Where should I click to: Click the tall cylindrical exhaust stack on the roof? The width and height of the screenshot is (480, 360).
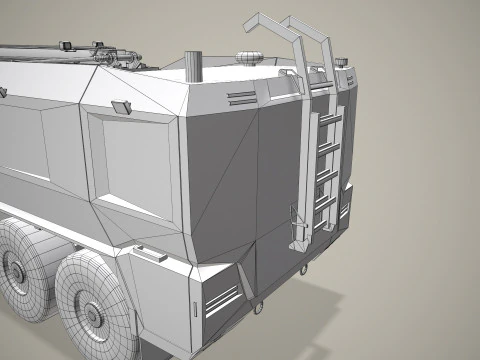tap(194, 65)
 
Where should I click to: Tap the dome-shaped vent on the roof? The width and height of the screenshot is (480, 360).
tap(250, 55)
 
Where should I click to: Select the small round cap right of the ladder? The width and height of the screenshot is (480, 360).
tap(344, 64)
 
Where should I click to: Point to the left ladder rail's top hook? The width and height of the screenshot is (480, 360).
tap(256, 22)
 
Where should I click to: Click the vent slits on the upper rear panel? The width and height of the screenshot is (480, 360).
tap(243, 96)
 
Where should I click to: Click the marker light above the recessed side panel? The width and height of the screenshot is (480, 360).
tap(121, 106)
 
